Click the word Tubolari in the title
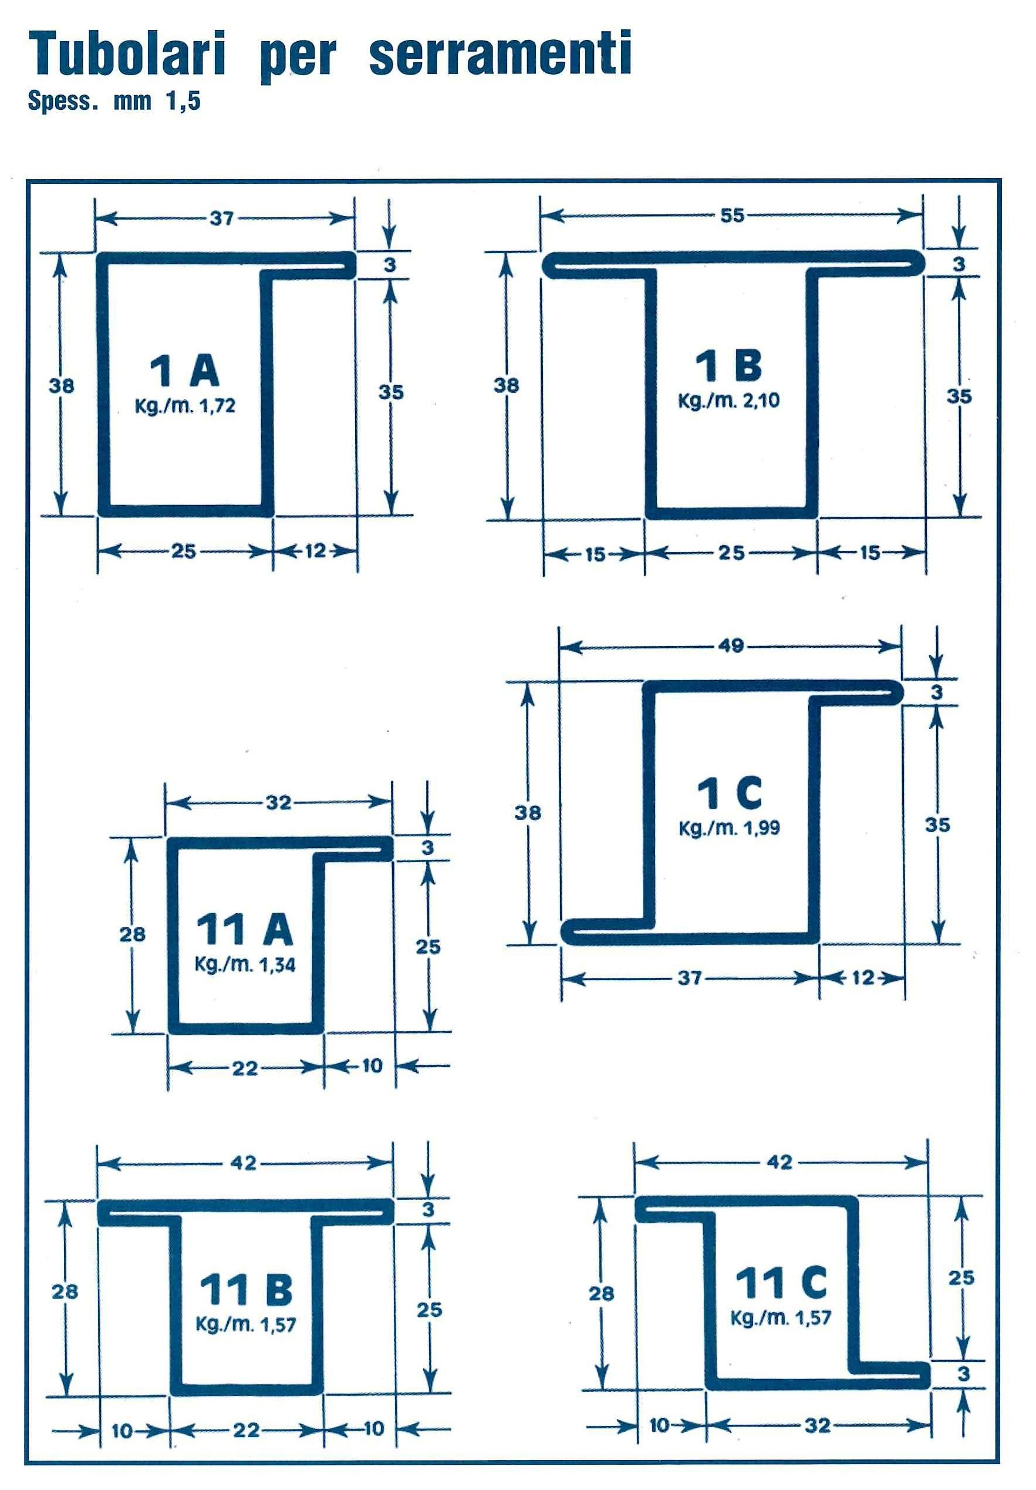pyautogui.click(x=127, y=55)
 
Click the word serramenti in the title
pyautogui.click(x=500, y=55)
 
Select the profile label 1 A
pyautogui.click(x=185, y=371)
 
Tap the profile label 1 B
pyautogui.click(x=728, y=365)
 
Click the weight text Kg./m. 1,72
pyautogui.click(x=185, y=406)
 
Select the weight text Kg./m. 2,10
pyautogui.click(x=728, y=401)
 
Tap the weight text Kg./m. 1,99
pyautogui.click(x=729, y=828)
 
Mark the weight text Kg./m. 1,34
pyautogui.click(x=245, y=964)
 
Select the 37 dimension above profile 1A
pyautogui.click(x=221, y=218)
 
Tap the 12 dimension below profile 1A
pyautogui.click(x=315, y=551)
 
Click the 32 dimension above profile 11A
pyautogui.click(x=278, y=803)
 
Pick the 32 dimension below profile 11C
pyautogui.click(x=818, y=1425)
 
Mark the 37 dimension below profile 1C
pyautogui.click(x=690, y=977)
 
